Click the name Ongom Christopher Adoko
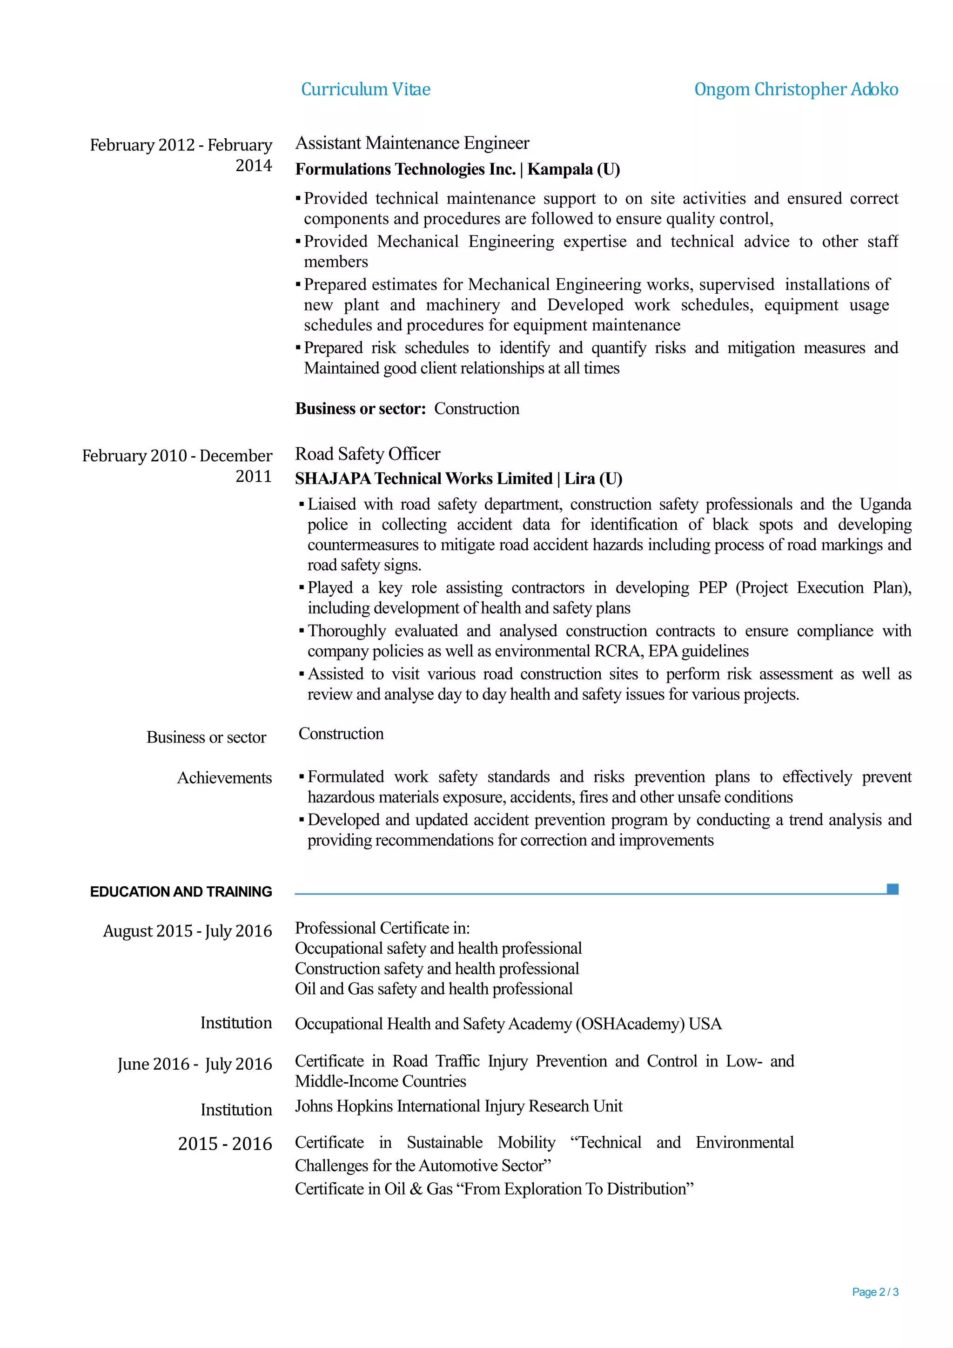point(795,89)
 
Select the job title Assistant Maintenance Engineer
point(412,143)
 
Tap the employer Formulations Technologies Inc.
point(405,170)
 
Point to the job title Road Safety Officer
point(367,454)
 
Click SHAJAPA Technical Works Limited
point(423,479)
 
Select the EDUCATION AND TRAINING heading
point(181,892)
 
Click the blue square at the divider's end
point(892,889)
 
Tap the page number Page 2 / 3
point(874,1292)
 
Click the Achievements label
point(224,778)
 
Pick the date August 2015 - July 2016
point(187,931)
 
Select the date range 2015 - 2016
point(225,1144)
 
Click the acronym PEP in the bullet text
point(712,588)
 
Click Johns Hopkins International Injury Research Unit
point(458,1106)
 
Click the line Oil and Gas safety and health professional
point(433,989)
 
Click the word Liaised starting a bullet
point(332,504)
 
